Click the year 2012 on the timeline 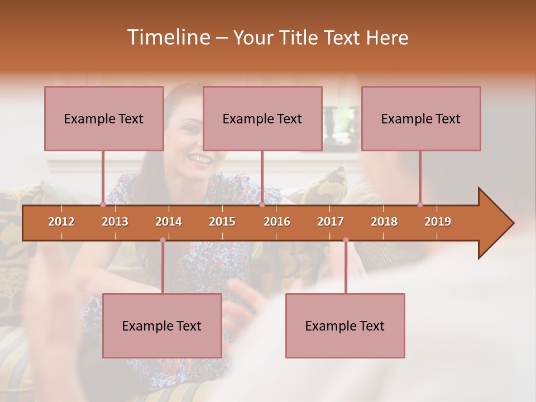[61, 222]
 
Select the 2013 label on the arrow [115, 222]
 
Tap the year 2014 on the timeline [169, 222]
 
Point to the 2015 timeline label [222, 222]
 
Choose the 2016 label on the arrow [277, 222]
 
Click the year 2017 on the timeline [331, 222]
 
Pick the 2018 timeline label [384, 222]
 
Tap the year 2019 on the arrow [438, 222]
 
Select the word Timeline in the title [167, 37]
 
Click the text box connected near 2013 [104, 118]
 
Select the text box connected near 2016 [262, 118]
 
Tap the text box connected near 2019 [421, 118]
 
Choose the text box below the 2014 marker [162, 326]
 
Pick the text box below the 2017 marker [345, 326]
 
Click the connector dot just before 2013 [103, 204]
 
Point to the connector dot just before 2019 [420, 204]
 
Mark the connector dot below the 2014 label [162, 240]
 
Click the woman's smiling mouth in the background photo [199, 159]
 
